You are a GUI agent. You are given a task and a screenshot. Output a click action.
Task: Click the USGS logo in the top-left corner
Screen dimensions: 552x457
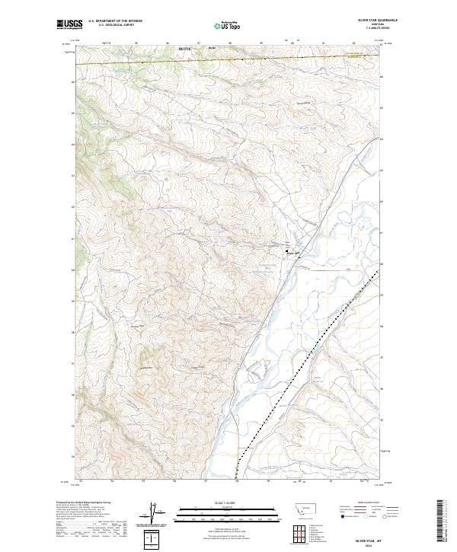point(69,24)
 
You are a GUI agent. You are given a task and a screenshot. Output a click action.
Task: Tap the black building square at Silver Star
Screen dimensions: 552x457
point(288,252)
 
